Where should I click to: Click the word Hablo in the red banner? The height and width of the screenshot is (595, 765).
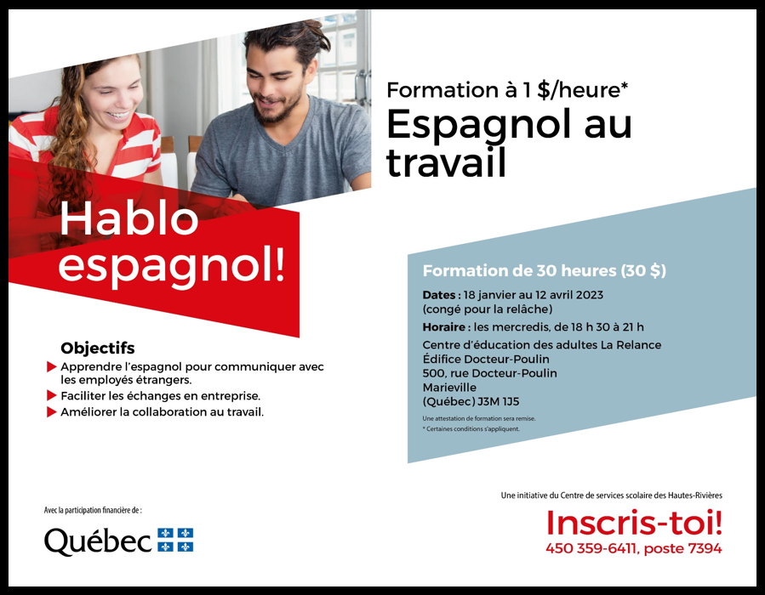coord(128,218)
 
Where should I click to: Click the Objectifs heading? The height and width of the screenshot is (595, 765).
coord(98,348)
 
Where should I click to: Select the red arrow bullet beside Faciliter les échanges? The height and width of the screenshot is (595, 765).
coord(52,395)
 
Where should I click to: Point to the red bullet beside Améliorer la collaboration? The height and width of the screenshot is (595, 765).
coord(52,411)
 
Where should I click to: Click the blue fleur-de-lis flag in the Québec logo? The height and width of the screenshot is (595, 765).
coord(175,540)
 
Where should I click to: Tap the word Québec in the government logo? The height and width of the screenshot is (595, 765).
coord(98,541)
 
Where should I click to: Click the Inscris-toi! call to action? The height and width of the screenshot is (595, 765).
coord(634,523)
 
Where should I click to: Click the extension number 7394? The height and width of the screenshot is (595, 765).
coord(705,548)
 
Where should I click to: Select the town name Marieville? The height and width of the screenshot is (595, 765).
coord(449,388)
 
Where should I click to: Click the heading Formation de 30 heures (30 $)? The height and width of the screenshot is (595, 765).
coord(544,270)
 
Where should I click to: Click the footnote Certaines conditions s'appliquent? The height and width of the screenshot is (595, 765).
coord(471,429)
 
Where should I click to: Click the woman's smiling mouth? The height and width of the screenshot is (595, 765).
coord(119,116)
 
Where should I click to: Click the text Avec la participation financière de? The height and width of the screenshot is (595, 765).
coord(93,510)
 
